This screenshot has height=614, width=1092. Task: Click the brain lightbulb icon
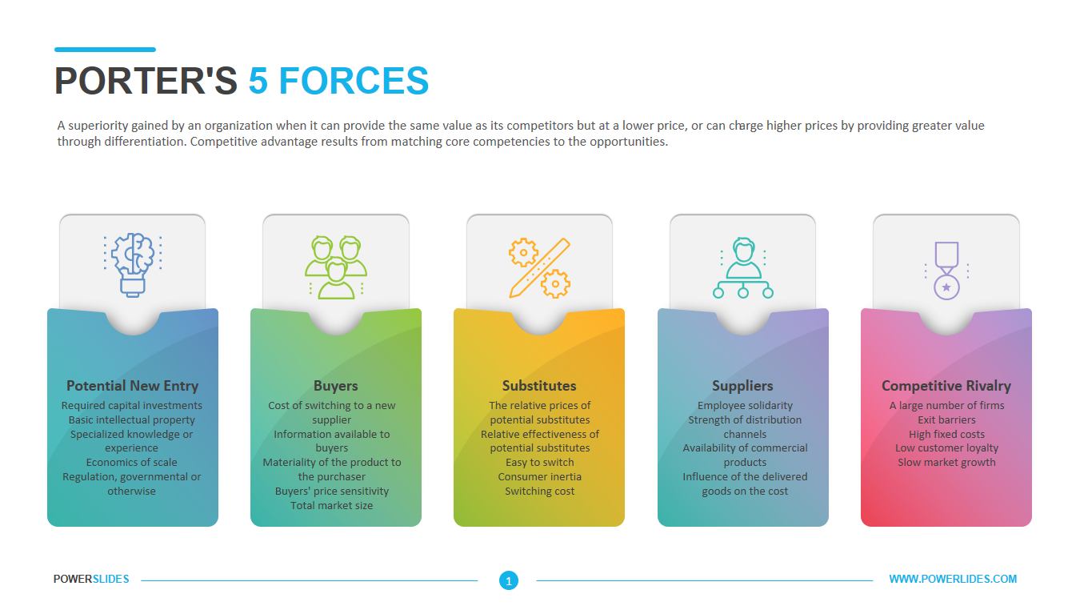[132, 264]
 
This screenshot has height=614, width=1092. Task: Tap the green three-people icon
[335, 267]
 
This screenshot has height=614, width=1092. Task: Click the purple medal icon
[946, 271]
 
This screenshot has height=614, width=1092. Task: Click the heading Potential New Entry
[132, 386]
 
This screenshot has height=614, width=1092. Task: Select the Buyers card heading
[335, 386]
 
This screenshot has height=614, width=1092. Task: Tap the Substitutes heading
[539, 386]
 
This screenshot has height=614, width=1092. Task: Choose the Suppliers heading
[742, 386]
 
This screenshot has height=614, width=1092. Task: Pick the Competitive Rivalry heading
[946, 386]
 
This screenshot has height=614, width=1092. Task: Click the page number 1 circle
[508, 580]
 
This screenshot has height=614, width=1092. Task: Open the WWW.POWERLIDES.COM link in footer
[953, 579]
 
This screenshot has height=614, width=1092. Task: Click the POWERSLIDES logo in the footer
[91, 579]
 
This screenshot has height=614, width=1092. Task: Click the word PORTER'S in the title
[146, 81]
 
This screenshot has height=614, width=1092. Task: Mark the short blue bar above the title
[105, 50]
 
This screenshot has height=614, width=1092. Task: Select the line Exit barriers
[946, 419]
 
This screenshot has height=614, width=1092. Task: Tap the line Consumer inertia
[539, 477]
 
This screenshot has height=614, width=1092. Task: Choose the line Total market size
[331, 506]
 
